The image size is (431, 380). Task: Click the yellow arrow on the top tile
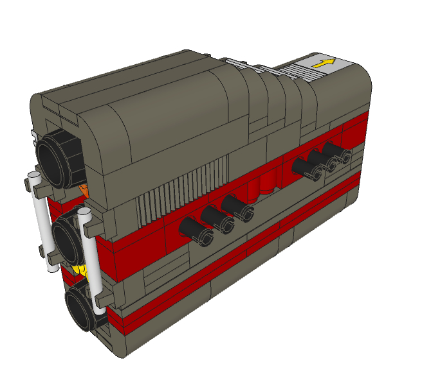tap(324, 63)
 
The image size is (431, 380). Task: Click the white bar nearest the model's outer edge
tap(41, 221)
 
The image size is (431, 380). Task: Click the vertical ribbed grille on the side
tap(187, 190)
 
